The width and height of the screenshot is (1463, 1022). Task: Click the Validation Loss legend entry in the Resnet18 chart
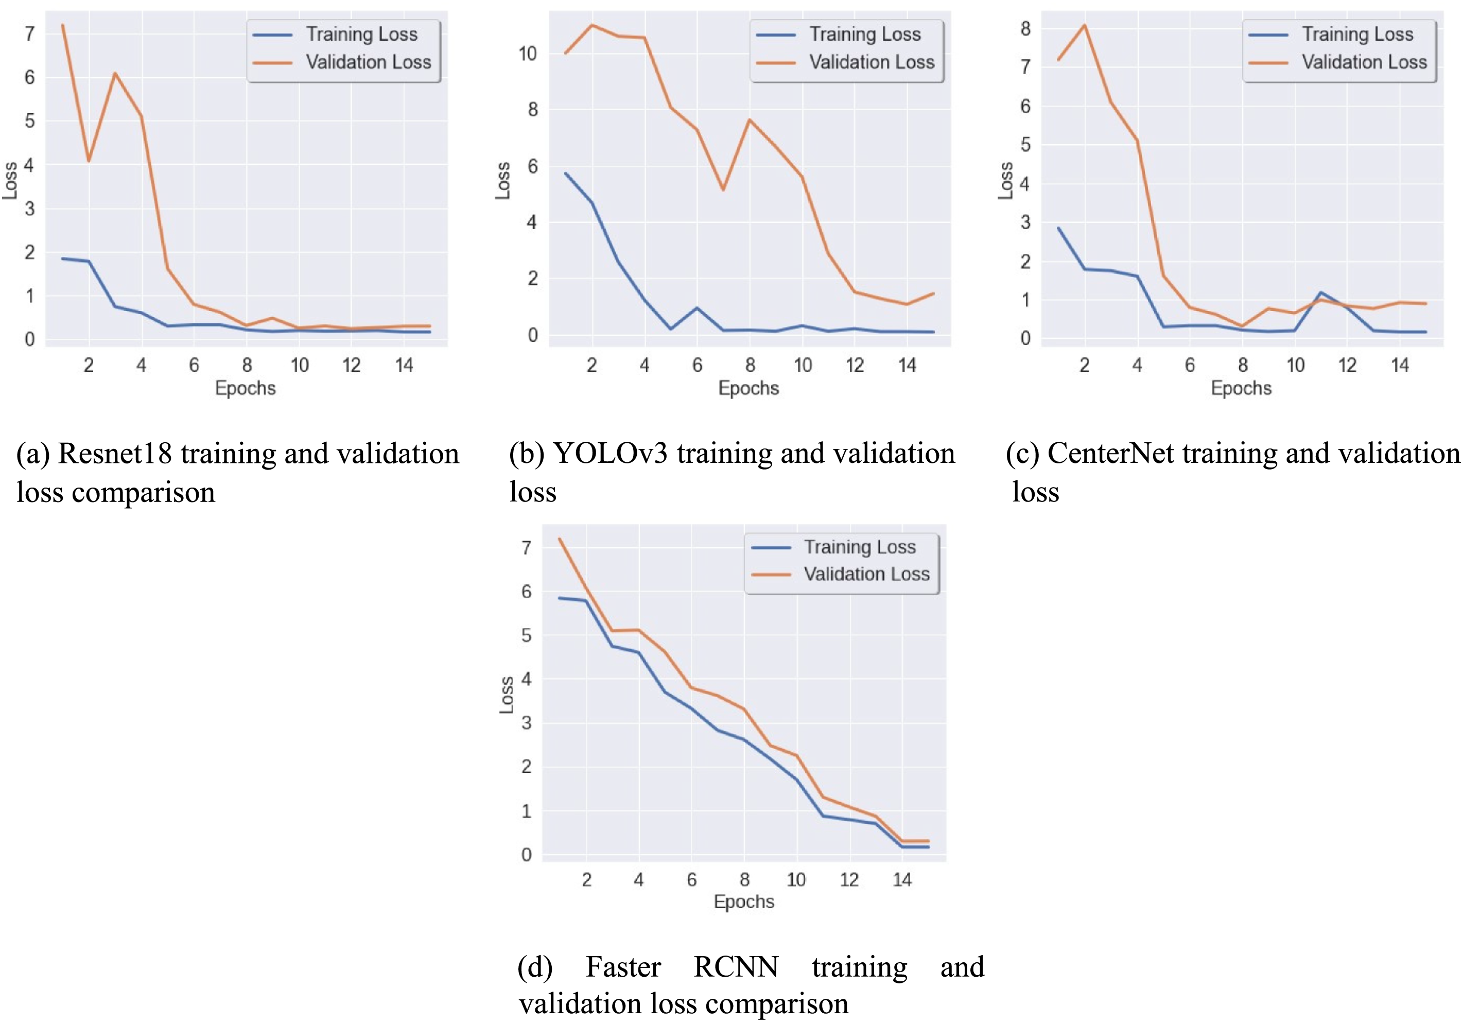[368, 62]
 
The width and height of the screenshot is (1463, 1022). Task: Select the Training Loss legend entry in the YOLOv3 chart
[865, 34]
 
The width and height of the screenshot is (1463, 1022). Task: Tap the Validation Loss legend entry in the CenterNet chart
[1364, 62]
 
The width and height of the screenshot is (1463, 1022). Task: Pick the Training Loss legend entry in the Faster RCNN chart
[859, 547]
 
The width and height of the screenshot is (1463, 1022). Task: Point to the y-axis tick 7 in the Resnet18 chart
[29, 34]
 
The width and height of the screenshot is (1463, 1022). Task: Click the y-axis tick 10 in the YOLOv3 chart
[528, 54]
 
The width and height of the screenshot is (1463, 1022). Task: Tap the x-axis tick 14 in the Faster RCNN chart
[901, 880]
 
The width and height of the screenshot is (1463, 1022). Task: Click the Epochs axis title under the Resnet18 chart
[246, 388]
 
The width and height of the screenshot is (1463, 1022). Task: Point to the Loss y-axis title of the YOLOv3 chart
[503, 180]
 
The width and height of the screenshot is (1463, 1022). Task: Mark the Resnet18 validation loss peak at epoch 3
[115, 73]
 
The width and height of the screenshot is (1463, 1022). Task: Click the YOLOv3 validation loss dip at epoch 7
[723, 190]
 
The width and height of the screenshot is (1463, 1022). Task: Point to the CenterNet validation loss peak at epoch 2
[1085, 26]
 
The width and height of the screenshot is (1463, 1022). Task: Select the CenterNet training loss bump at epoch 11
[1321, 292]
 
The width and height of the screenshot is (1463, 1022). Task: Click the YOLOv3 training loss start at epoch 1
[566, 174]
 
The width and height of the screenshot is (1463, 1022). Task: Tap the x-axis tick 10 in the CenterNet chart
[1295, 365]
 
